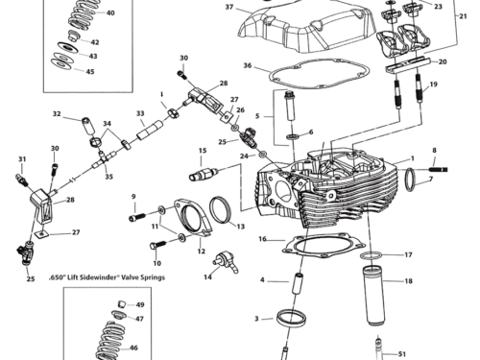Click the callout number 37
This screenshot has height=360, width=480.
[x=229, y=7]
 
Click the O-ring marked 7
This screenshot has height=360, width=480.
[x=409, y=179]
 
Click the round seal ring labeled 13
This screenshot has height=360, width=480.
[x=220, y=206]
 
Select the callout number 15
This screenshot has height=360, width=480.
[x=204, y=151]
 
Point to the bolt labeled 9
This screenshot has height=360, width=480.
[x=133, y=197]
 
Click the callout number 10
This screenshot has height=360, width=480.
[x=157, y=262]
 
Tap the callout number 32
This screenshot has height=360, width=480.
[x=57, y=115]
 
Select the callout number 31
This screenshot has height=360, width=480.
[x=22, y=158]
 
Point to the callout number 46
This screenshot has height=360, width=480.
[x=133, y=350]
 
